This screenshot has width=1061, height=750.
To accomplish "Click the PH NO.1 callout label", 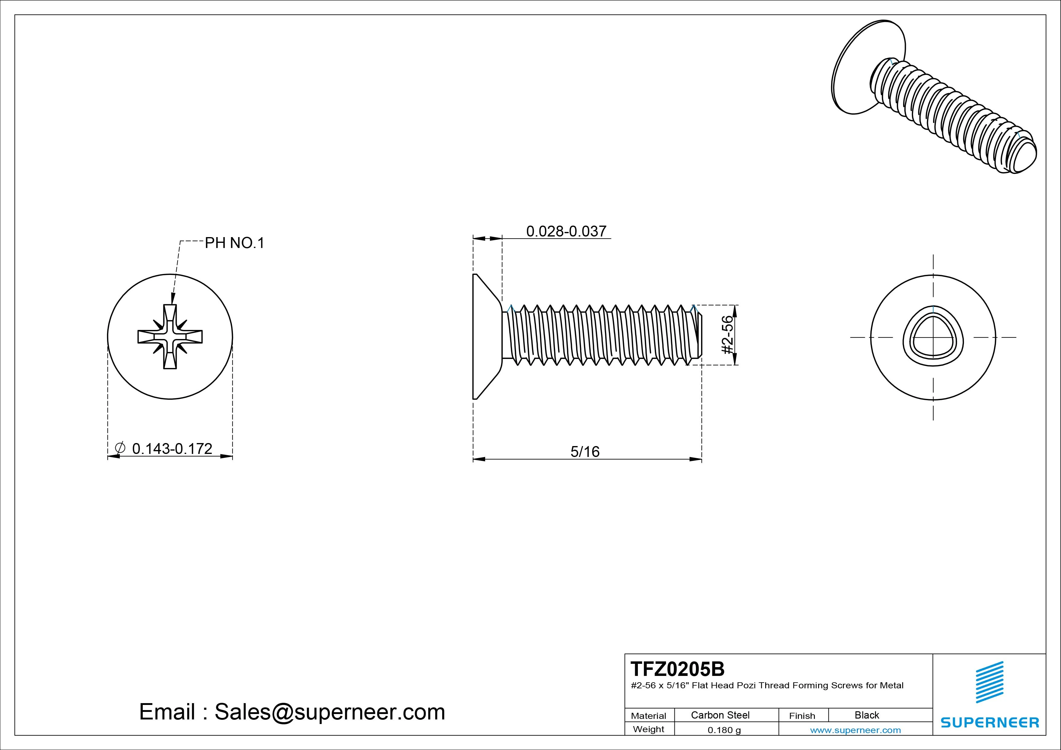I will [234, 243].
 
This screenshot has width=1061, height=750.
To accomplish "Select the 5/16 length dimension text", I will [585, 452].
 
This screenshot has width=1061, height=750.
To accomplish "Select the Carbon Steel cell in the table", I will [720, 715].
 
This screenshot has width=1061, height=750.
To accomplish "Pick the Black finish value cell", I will [867, 715].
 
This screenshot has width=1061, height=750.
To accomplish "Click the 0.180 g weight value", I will [724, 730].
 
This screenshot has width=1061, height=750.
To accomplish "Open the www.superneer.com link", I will [855, 730].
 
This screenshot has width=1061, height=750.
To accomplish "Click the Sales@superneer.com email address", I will [329, 712].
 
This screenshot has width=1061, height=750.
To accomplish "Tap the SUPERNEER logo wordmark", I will [990, 722].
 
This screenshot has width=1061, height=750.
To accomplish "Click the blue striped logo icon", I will [989, 682].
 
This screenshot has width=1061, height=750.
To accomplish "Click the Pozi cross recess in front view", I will [170, 336].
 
